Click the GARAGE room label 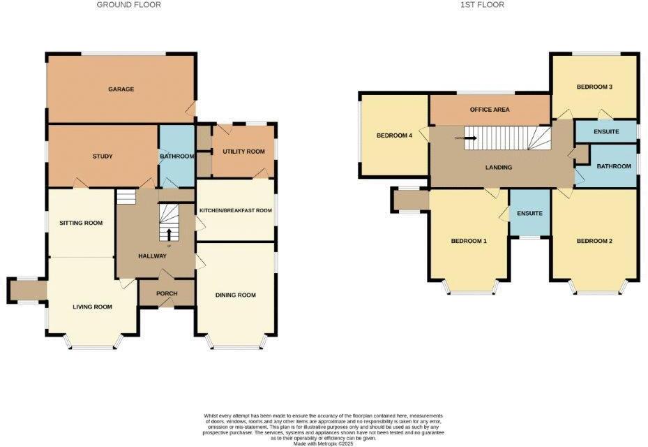point(121,89)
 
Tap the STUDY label point(103,156)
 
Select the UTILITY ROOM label point(243,152)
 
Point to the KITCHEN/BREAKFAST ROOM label point(236,210)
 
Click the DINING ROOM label point(236,295)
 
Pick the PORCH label point(166,294)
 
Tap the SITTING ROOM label point(81,223)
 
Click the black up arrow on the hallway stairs point(168,233)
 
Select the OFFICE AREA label point(490,110)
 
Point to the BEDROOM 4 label point(394,135)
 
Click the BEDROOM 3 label point(594,87)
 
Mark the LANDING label point(498,168)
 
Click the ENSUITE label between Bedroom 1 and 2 point(529,213)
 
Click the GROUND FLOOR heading point(128,5)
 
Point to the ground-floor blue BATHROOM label point(176,156)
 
